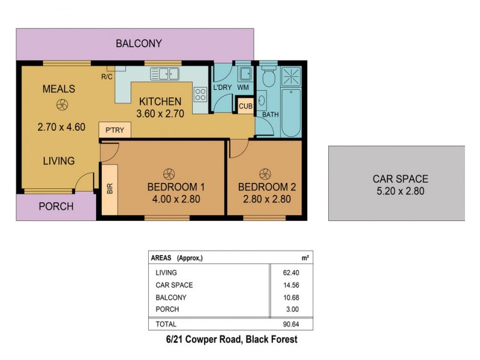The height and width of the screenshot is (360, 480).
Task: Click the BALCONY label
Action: pyautogui.click(x=139, y=43)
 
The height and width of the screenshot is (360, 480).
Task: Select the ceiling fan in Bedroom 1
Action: pyautogui.click(x=169, y=172)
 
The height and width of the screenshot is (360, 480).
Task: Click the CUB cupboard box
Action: pyautogui.click(x=245, y=106)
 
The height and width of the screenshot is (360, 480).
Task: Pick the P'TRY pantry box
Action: pyautogui.click(x=114, y=130)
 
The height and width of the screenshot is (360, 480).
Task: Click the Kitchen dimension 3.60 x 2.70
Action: pyautogui.click(x=161, y=113)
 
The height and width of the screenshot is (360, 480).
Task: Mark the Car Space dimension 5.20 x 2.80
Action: pyautogui.click(x=400, y=191)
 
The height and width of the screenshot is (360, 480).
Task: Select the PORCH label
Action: pyautogui.click(x=56, y=206)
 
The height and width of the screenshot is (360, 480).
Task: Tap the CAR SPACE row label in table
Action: pyautogui.click(x=174, y=285)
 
